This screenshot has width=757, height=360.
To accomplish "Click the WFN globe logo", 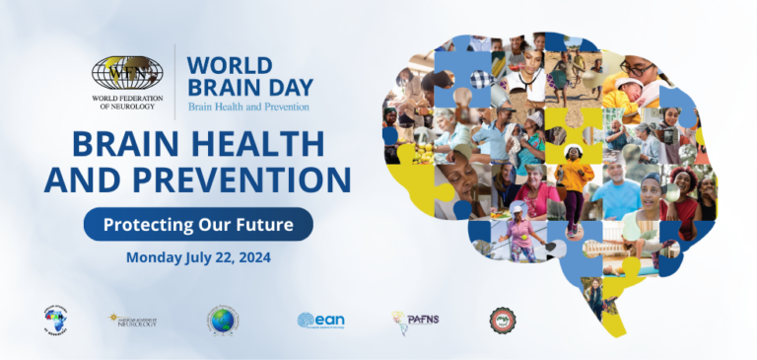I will tap(127, 72).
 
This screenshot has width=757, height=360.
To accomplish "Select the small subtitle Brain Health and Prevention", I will tap(248, 107).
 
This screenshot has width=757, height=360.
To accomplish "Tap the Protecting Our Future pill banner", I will tap(197, 224).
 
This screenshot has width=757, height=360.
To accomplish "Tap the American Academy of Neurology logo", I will tap(132, 320).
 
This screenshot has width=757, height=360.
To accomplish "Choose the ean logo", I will tap(320, 320).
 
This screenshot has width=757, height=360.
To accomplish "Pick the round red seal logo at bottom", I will tap(503, 320).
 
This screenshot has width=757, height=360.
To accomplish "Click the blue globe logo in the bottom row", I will tap(223, 320).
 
